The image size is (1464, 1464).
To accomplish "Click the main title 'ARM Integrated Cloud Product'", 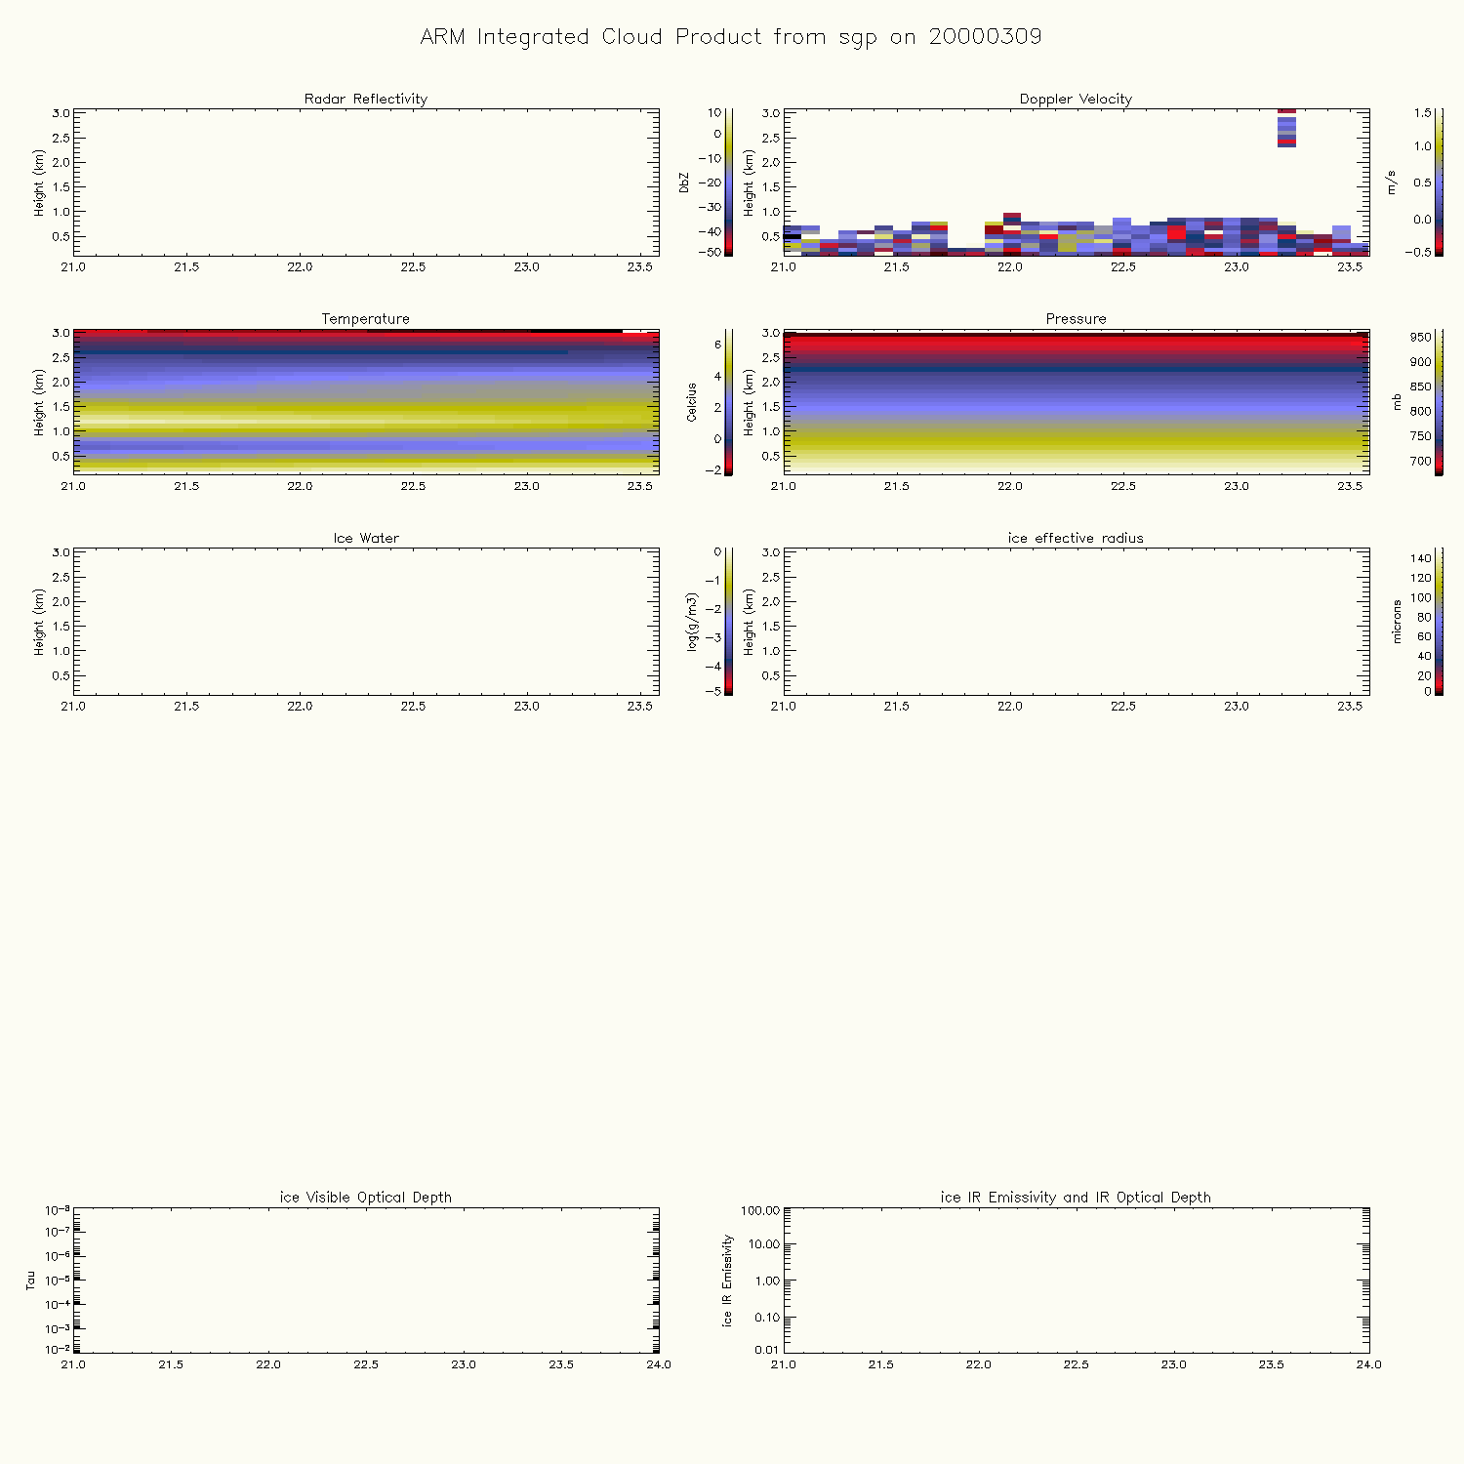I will click(x=730, y=37).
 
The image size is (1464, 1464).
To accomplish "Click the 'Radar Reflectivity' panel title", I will click(x=366, y=99).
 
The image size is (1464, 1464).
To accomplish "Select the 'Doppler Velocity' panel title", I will click(x=1076, y=99).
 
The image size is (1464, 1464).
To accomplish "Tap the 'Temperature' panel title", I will click(x=366, y=319).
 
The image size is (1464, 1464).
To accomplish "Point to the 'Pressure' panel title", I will click(x=1076, y=319).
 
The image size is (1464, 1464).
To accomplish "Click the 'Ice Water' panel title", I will click(x=366, y=538).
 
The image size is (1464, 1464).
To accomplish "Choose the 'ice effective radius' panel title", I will click(x=1076, y=538).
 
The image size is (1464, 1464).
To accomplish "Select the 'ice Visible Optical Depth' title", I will click(x=366, y=1197).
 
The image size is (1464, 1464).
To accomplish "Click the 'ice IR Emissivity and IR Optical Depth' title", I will click(x=1076, y=1197).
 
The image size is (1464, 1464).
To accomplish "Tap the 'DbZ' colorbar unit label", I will click(x=684, y=183).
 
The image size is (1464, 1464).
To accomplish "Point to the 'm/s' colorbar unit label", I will click(x=1392, y=183).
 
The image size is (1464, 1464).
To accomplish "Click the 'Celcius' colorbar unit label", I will click(x=692, y=402).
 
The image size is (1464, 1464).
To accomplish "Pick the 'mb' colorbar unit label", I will click(x=1397, y=402).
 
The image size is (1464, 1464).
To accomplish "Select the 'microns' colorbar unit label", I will click(x=1397, y=622).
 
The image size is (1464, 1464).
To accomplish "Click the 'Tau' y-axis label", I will click(x=31, y=1280).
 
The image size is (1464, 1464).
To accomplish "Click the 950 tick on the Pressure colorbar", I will click(x=1420, y=338).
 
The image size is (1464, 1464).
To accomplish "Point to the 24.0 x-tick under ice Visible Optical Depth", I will click(x=659, y=1364).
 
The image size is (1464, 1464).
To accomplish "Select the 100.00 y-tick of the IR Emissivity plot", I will click(x=760, y=1211).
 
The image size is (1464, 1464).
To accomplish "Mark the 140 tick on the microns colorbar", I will click(x=1420, y=558).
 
